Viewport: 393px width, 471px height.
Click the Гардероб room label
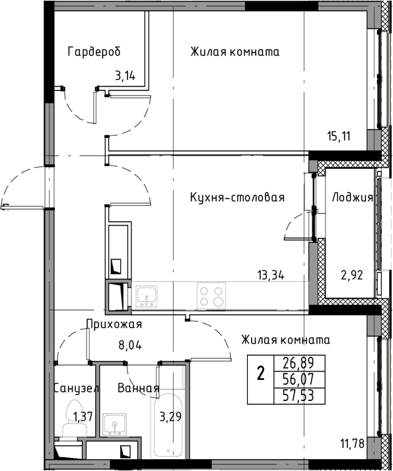coord(94,51)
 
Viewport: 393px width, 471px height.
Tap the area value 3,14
coord(125,76)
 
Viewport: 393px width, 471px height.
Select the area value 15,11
coord(339,137)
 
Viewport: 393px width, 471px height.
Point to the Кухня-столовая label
coord(237,197)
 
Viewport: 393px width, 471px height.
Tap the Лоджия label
coord(353,197)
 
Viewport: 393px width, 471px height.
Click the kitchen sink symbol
coord(147,296)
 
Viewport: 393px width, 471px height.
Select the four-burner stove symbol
coord(211,296)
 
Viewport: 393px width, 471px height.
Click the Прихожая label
coord(114,325)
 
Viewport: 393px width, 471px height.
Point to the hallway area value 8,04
coord(130,346)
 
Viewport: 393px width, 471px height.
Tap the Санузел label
coord(77,389)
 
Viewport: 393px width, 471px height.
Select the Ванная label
coord(138,388)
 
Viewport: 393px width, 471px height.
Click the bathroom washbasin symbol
coord(114,424)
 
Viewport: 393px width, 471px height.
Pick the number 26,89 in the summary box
coord(299,363)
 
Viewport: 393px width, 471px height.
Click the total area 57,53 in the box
coord(299,396)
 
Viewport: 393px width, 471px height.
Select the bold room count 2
coord(261,374)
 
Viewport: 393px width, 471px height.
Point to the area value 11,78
coord(353,443)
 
